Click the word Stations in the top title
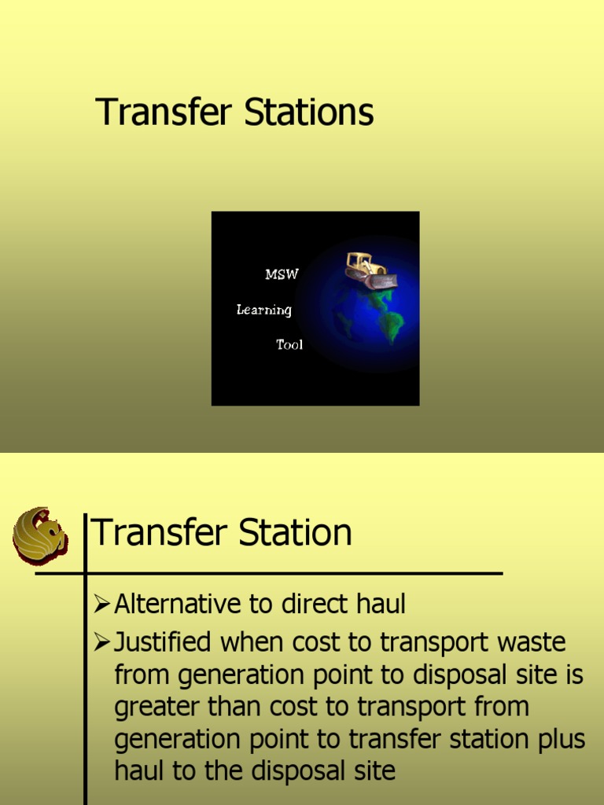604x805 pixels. click(309, 112)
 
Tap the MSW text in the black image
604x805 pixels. click(282, 274)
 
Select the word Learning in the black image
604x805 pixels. click(264, 310)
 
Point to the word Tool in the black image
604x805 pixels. click(289, 344)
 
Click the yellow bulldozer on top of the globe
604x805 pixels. click(370, 270)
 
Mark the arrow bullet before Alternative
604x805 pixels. click(101, 605)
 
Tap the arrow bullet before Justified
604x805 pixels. click(101, 643)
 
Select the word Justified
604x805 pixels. click(163, 643)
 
